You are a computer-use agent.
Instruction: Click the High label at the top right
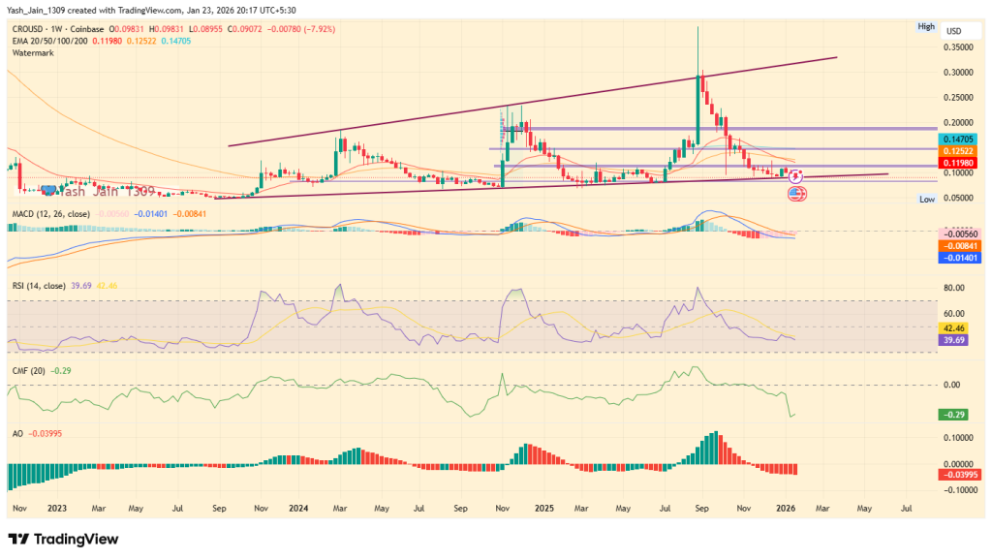[926, 26]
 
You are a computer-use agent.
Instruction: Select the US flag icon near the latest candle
[797, 194]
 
